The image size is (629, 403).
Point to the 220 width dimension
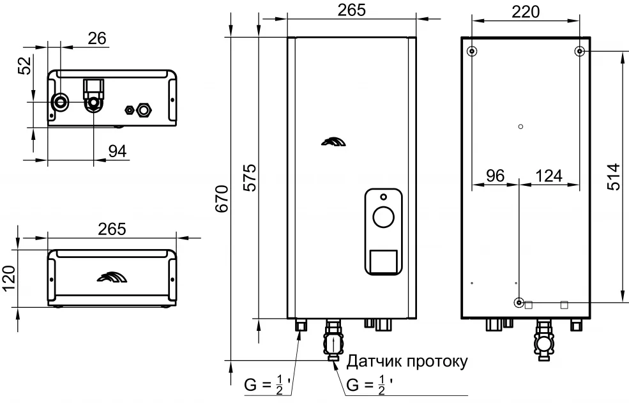click(x=525, y=11)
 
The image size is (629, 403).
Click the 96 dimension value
click(x=495, y=176)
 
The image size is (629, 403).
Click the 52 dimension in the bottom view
click(x=24, y=65)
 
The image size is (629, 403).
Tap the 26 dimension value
click(x=97, y=38)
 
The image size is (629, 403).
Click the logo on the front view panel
click(x=334, y=142)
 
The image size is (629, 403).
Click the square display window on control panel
click(x=383, y=261)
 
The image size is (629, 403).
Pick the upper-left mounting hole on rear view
click(x=472, y=51)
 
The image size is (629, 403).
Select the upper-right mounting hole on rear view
click(x=579, y=51)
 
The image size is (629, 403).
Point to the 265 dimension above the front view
click(x=351, y=11)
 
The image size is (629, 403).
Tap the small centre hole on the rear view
click(x=521, y=126)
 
